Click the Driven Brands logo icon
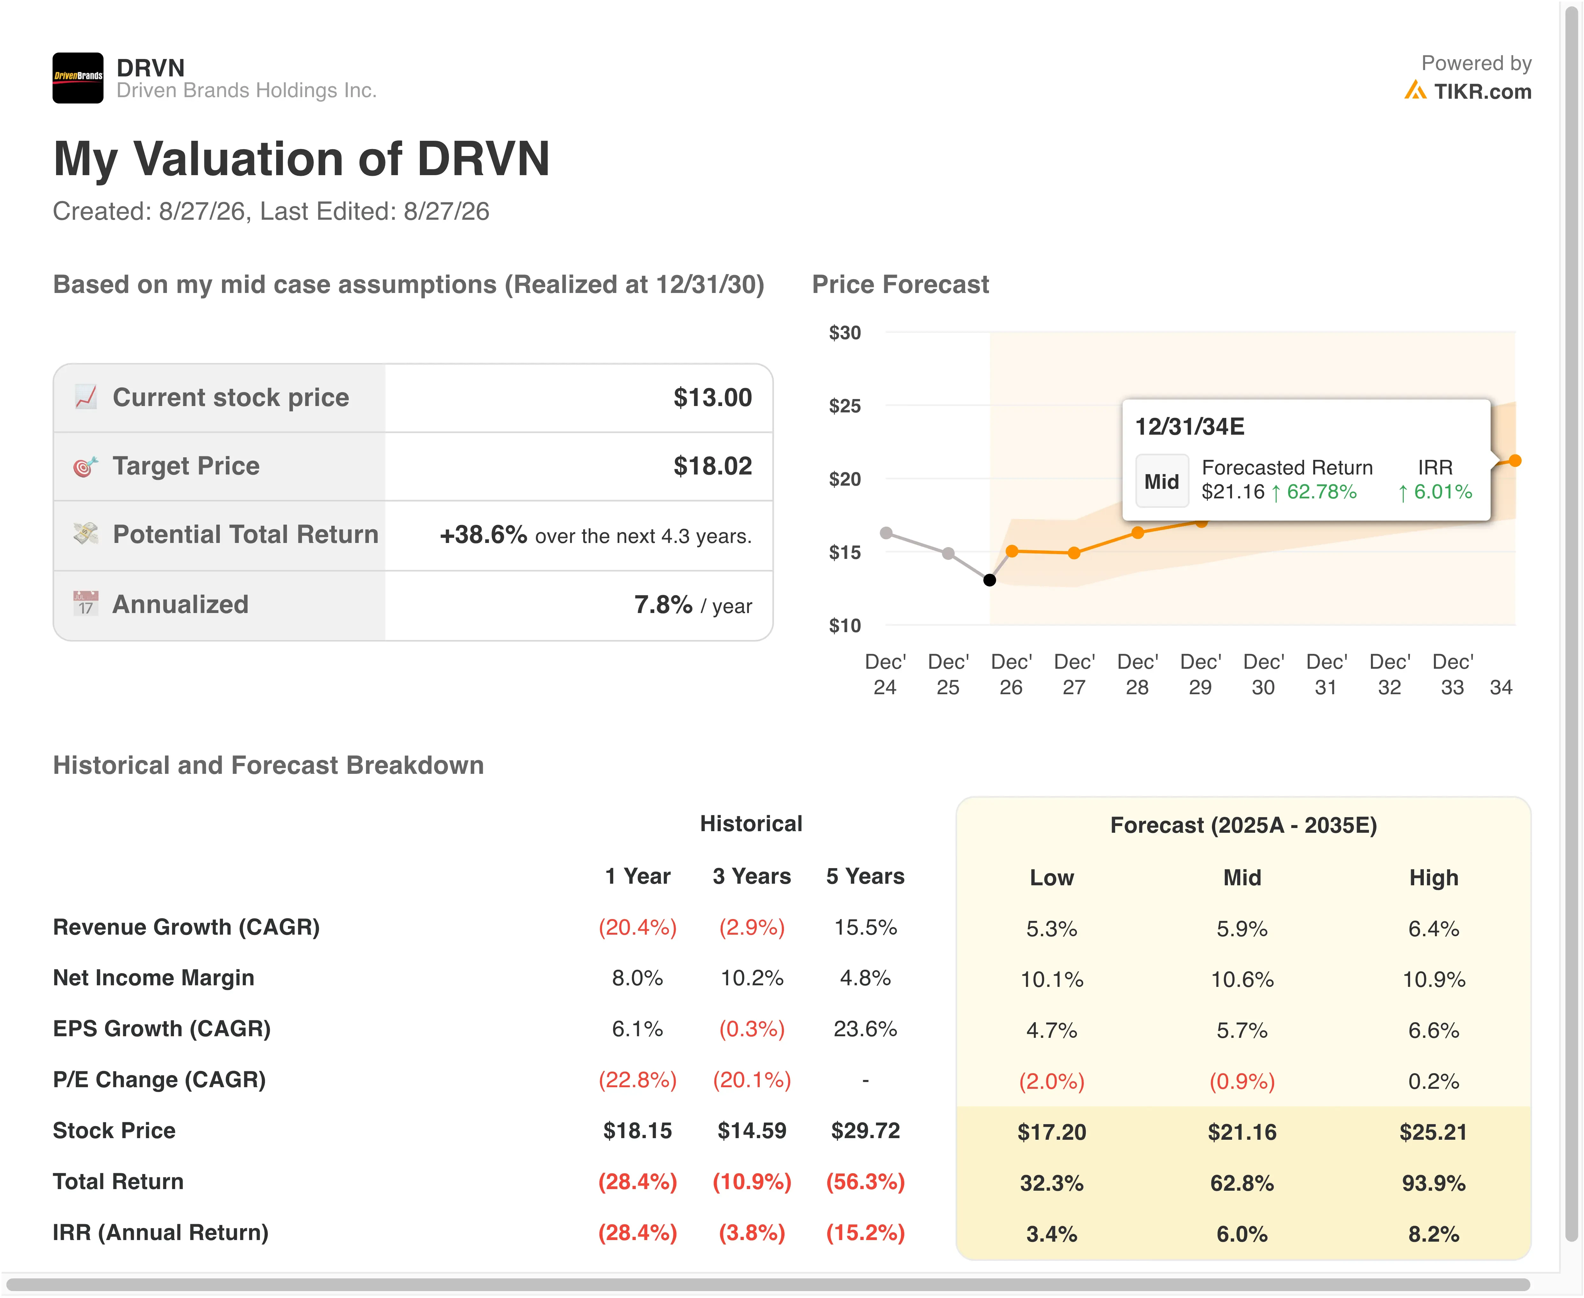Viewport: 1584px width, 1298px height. [x=78, y=78]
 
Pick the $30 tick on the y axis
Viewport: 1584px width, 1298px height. [x=845, y=333]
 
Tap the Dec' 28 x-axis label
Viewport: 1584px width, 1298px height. [x=1137, y=674]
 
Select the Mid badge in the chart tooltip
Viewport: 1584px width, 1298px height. [x=1161, y=481]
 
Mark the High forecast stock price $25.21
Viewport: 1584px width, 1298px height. [x=1433, y=1132]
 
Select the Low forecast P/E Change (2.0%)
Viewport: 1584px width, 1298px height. [x=1051, y=1081]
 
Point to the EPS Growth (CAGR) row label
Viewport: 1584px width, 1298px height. [x=161, y=1029]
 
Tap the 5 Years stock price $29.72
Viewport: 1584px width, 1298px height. [x=865, y=1130]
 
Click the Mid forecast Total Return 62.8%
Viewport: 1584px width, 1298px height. [x=1242, y=1183]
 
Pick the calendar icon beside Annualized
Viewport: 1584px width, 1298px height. [x=85, y=603]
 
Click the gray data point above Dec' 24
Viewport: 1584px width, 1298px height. [x=886, y=533]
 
